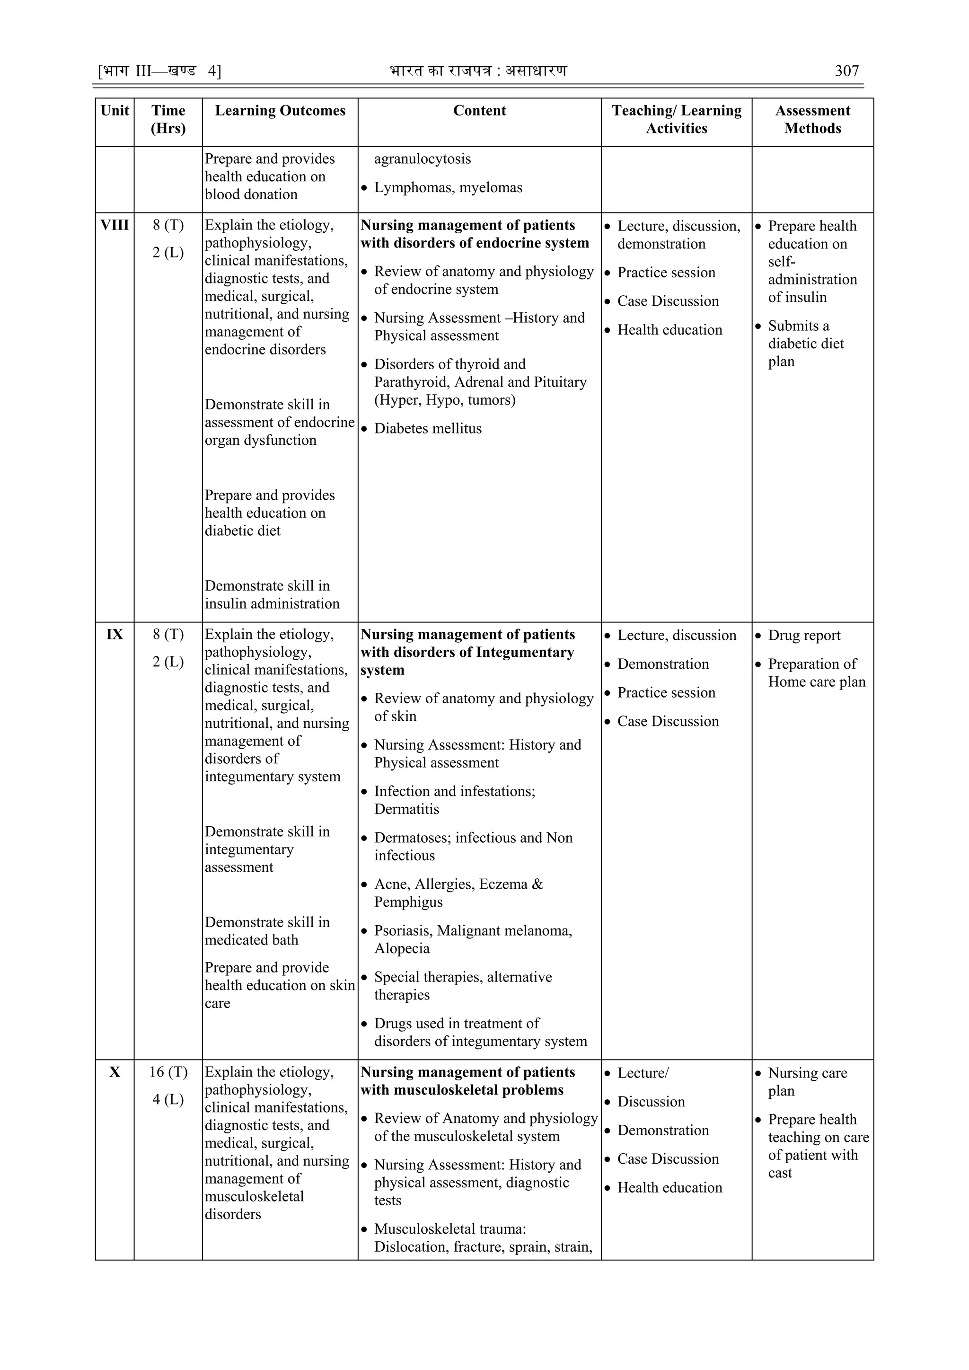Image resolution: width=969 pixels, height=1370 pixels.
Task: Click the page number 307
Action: point(846,71)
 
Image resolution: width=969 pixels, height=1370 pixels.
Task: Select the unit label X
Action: point(115,1072)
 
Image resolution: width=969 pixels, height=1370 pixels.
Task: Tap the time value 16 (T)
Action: point(168,1072)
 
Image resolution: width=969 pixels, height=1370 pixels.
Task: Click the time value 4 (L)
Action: point(168,1099)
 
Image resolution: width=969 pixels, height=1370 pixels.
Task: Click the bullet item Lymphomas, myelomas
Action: point(448,187)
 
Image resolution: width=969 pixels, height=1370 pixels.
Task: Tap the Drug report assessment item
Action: point(804,636)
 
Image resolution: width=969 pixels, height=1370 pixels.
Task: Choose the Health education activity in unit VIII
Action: point(669,330)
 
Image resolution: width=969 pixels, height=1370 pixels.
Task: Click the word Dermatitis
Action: point(406,809)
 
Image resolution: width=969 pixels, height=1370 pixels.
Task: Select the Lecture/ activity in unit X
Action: point(643,1073)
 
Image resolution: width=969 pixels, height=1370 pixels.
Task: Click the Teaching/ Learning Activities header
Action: point(676,119)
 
